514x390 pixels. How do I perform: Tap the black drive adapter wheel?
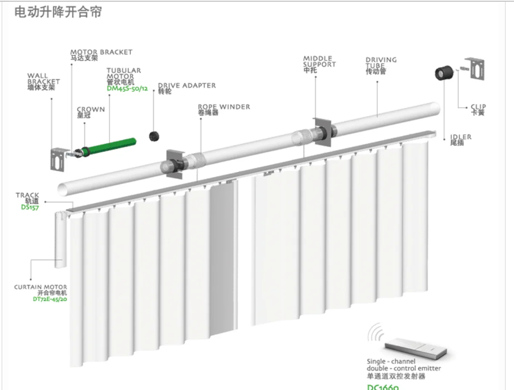tap(154, 137)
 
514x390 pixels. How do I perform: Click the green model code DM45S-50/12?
tap(127, 88)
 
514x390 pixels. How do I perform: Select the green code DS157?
tap(30, 207)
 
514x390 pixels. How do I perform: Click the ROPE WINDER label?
tap(224, 107)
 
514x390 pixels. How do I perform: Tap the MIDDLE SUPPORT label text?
tap(319, 62)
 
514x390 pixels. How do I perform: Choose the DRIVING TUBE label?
tap(381, 63)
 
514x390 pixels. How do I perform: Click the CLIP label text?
tap(478, 107)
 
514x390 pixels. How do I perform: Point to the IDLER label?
tap(460, 137)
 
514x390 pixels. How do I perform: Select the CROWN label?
tap(91, 110)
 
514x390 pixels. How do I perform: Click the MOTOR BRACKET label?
tap(101, 52)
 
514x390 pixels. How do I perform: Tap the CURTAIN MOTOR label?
tap(40, 288)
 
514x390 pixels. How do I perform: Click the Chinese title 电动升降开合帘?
tap(58, 12)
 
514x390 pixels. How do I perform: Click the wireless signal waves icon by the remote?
tap(375, 333)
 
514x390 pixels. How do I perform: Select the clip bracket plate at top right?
tap(475, 69)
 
